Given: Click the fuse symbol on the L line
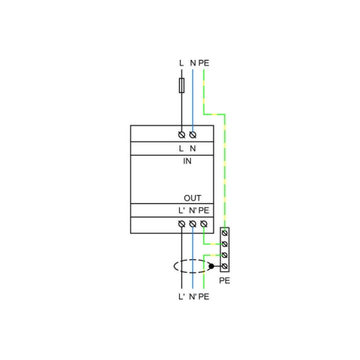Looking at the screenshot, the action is [x=181, y=85].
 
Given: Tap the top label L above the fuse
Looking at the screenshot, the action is [x=181, y=63].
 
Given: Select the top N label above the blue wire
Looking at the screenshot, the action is [x=193, y=63].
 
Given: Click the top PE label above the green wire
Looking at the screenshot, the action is [x=204, y=63].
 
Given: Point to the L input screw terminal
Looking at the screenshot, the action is [x=181, y=135].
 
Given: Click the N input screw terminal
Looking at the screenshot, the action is [x=193, y=135].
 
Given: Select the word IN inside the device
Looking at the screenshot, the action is [x=187, y=161].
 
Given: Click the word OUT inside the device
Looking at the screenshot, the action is [x=192, y=198].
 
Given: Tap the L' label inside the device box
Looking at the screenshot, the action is [x=181, y=210].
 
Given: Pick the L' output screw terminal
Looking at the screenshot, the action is [x=181, y=224].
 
